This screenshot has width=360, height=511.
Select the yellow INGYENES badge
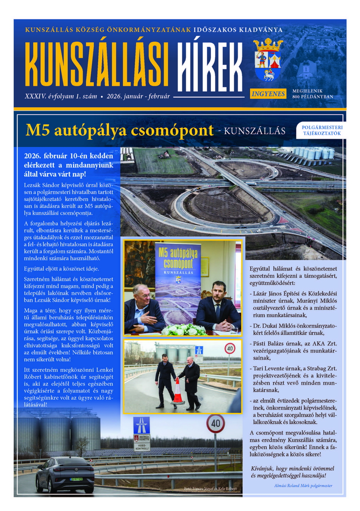click(268, 94)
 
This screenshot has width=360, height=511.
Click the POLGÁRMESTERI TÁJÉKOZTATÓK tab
click(322, 130)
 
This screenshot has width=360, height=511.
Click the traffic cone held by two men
click(177, 392)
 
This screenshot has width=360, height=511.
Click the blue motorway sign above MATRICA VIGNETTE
click(141, 425)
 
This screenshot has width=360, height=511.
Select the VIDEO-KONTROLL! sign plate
click(141, 446)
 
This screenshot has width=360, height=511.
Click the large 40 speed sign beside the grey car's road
click(215, 424)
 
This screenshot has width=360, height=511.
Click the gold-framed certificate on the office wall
click(204, 267)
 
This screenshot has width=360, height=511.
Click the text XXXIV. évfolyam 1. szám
click(60, 96)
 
